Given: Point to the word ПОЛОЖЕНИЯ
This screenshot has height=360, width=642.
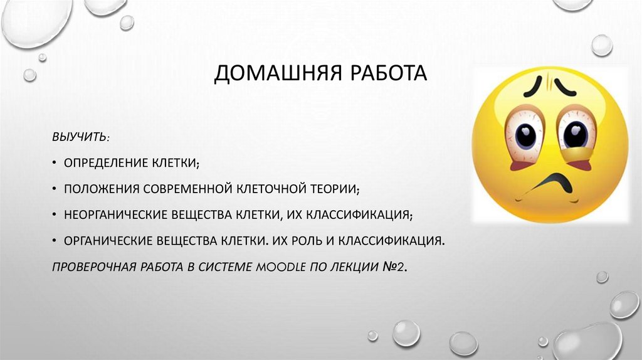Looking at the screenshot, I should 101,188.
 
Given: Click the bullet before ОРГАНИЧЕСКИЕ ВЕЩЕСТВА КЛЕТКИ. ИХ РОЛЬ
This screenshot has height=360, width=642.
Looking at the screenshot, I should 55,240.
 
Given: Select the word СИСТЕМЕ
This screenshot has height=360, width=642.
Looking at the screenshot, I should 223,266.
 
